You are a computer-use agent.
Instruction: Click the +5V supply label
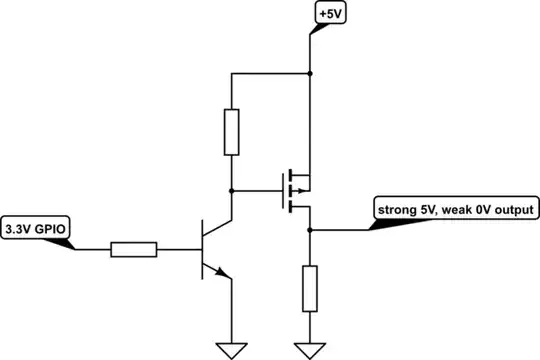[x=329, y=15]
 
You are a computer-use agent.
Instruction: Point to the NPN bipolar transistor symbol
[x=212, y=246]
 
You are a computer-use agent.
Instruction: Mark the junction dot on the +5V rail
[x=310, y=73]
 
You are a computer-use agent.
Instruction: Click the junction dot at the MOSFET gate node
[x=231, y=188]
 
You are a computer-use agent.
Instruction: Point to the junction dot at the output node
[x=310, y=230]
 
